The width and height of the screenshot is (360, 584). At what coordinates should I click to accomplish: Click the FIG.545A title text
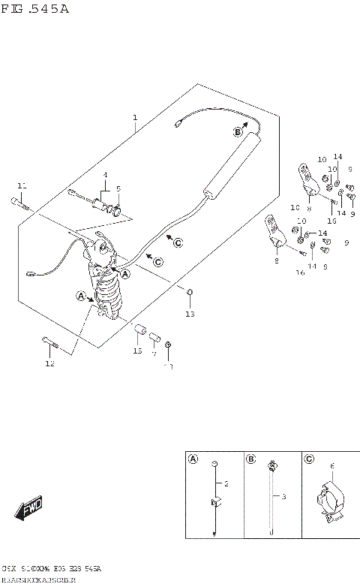click(35, 8)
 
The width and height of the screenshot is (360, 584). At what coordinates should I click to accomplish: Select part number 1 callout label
click(135, 118)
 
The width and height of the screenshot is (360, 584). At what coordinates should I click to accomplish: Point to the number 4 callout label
click(106, 175)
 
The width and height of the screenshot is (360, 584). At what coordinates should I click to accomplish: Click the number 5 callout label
click(118, 188)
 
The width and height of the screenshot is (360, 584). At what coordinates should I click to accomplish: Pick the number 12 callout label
click(49, 364)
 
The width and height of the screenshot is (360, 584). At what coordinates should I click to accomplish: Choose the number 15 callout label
click(137, 351)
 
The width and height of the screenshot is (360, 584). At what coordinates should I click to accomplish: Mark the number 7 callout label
click(154, 352)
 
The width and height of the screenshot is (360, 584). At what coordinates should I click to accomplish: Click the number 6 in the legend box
click(332, 465)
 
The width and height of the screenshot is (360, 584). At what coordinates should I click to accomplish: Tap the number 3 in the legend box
click(284, 496)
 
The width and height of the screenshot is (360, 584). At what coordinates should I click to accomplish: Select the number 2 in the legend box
click(226, 484)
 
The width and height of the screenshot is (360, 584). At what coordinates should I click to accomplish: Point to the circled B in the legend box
click(251, 459)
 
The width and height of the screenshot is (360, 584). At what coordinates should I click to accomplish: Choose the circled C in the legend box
click(309, 459)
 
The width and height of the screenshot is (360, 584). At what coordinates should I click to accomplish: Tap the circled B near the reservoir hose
click(237, 131)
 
